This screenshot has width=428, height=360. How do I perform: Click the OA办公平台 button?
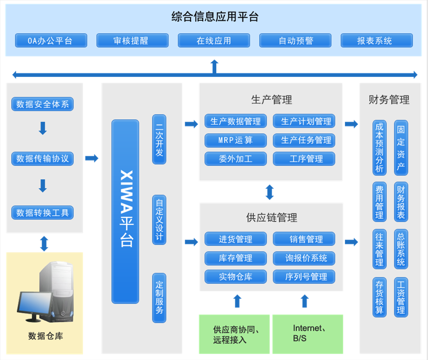(x=50, y=41)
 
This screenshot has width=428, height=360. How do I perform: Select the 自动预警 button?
(x=295, y=41)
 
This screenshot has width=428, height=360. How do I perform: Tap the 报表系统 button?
(x=377, y=41)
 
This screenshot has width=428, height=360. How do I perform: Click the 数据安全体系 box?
(x=43, y=105)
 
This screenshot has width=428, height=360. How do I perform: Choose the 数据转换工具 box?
(x=43, y=213)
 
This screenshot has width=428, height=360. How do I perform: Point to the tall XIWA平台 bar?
(x=125, y=211)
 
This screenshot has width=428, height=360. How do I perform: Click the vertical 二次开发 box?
(x=159, y=139)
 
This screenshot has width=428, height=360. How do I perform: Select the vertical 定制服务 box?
(x=159, y=298)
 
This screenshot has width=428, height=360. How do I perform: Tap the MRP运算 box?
(x=235, y=140)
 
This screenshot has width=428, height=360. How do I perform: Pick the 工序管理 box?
(x=304, y=159)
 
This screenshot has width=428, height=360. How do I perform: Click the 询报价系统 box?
(x=304, y=258)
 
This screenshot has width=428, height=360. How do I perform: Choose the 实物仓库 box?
(x=235, y=277)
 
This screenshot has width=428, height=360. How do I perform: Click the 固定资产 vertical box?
(x=401, y=147)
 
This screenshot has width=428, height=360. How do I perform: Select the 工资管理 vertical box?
(x=401, y=297)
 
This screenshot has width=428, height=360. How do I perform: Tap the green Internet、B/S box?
(x=307, y=333)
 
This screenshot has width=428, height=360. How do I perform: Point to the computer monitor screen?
(x=34, y=306)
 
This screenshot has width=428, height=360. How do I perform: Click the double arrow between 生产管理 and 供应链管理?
(x=270, y=192)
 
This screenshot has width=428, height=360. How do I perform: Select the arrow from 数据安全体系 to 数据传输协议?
(x=43, y=129)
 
